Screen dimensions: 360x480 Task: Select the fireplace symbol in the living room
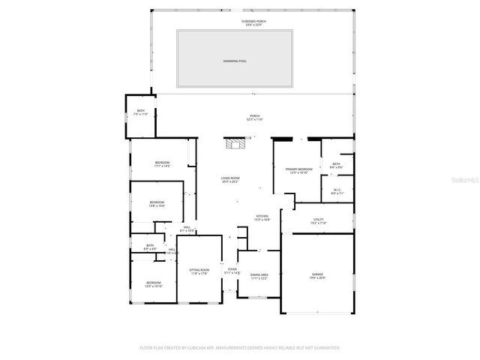(x=236, y=142)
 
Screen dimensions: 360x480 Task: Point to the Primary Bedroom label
(x=298, y=171)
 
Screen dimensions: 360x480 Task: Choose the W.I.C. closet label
(x=337, y=190)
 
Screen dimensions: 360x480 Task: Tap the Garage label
(x=317, y=276)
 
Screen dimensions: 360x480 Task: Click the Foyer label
(x=232, y=271)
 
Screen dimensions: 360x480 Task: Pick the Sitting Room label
(x=198, y=271)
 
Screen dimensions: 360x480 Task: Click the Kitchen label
(x=262, y=218)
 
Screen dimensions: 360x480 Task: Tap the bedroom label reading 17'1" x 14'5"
(x=162, y=165)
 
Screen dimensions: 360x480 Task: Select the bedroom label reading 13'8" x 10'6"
(x=157, y=203)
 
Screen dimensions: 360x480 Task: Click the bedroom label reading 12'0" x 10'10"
(x=153, y=285)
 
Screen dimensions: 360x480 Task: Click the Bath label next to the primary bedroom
(x=337, y=166)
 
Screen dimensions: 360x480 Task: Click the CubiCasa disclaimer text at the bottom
(x=240, y=348)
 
